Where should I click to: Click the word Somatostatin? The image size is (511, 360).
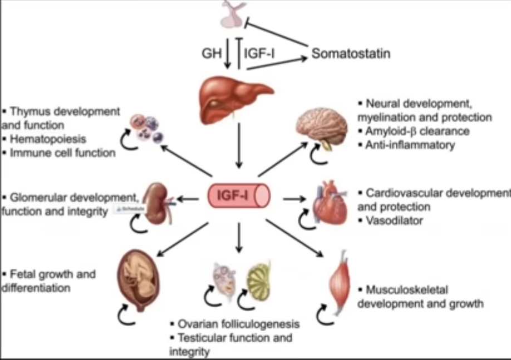click(x=351, y=53)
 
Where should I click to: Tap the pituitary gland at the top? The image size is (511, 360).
click(x=234, y=16)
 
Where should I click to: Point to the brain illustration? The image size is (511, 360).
click(x=322, y=126)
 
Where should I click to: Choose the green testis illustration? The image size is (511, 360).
click(x=259, y=278)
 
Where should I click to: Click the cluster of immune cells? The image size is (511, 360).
click(x=145, y=128)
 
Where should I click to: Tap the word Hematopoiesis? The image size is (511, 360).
click(x=45, y=137)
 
